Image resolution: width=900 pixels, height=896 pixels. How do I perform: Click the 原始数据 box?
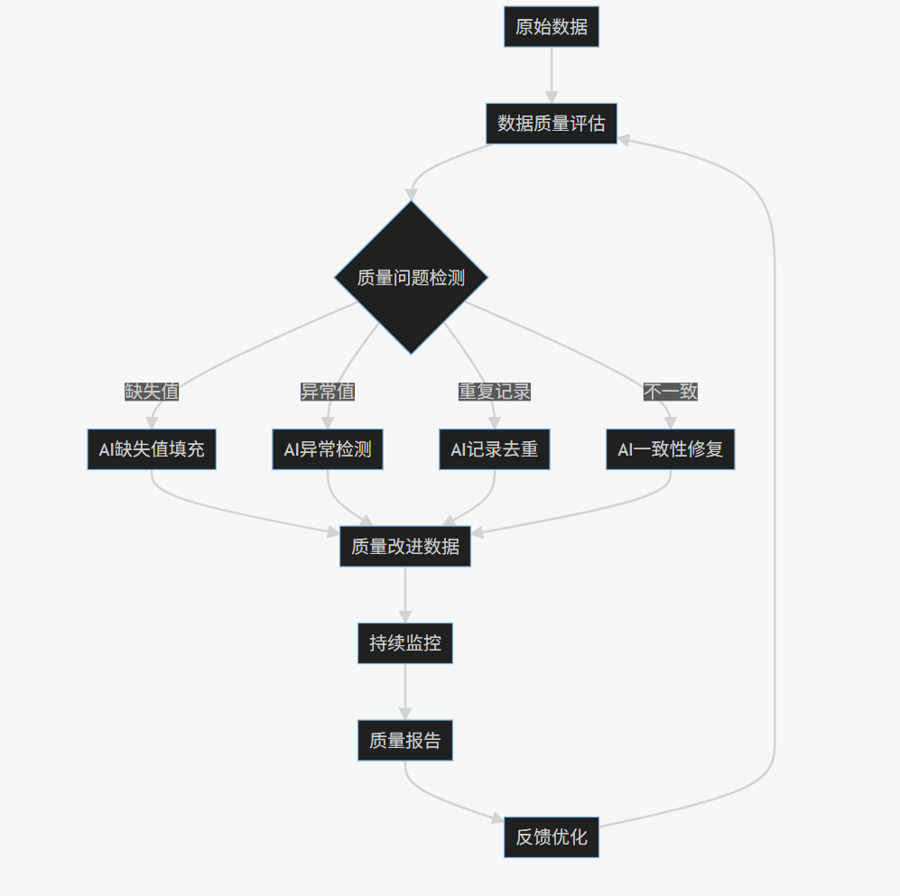coord(551,27)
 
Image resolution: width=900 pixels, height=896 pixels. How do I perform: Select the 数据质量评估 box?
coord(551,124)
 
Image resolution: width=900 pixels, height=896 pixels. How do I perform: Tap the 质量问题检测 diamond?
coord(411,277)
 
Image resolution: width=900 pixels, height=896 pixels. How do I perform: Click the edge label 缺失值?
coord(152,392)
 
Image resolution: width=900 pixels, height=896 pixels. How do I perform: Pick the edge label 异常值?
coord(328,392)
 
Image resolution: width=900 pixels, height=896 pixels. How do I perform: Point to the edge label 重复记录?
coord(495,392)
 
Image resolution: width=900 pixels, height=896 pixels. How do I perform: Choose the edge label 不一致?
coord(671,392)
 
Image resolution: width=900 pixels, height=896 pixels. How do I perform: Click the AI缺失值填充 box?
coord(152,449)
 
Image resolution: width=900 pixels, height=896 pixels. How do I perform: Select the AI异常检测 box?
coord(328,449)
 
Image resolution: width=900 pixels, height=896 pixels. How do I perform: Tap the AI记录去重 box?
coord(495,449)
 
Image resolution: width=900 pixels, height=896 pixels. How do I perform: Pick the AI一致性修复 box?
coord(671,449)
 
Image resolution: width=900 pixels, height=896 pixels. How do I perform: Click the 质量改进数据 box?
coord(405,547)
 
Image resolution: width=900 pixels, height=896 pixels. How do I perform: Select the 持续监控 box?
coord(405,643)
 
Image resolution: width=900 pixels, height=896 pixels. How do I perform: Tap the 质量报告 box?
coord(405,741)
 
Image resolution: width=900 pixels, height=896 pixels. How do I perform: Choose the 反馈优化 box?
coord(551,837)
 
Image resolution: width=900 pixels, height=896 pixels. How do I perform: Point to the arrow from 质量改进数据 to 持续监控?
coord(405,595)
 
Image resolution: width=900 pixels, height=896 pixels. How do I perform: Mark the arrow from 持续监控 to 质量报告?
coord(405,692)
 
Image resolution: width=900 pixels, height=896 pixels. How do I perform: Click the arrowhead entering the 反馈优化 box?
coord(497,819)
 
